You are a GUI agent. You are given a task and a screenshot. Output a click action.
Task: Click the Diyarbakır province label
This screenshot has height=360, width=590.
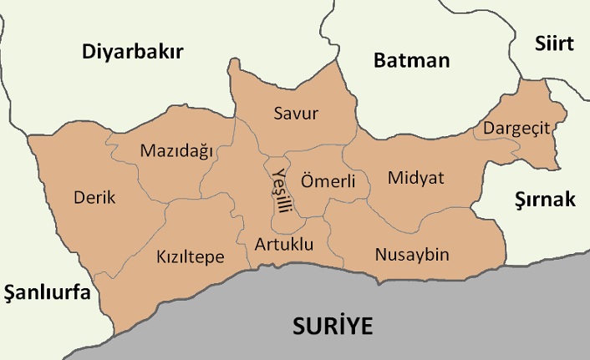pyautogui.click(x=132, y=53)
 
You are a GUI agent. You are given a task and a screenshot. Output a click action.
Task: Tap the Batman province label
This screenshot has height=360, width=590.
pyautogui.click(x=411, y=60)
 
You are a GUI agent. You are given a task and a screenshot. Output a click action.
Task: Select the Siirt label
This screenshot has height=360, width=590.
pyautogui.click(x=554, y=43)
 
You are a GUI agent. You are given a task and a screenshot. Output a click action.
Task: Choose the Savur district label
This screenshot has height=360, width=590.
pyautogui.click(x=296, y=114)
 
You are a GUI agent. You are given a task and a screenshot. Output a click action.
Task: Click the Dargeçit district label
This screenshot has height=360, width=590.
pyautogui.click(x=511, y=129)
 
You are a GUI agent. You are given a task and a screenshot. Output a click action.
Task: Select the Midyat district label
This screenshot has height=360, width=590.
pyautogui.click(x=415, y=178)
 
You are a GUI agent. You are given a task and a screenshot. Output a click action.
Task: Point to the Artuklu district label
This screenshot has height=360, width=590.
pyautogui.click(x=284, y=245)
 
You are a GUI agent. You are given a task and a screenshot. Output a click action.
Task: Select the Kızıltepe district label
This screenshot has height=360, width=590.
pyautogui.click(x=191, y=257)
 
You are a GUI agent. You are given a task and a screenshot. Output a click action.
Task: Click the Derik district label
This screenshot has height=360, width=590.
pyautogui.click(x=94, y=198)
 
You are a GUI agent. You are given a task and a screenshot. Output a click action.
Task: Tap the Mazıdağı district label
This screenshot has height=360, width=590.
pyautogui.click(x=177, y=151)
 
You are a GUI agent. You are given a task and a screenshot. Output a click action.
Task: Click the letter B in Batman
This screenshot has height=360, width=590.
pyautogui.click(x=380, y=60)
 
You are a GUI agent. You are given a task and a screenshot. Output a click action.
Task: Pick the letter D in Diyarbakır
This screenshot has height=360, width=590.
pyautogui.click(x=89, y=53)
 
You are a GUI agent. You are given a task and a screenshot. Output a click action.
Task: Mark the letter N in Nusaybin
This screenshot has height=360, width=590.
pyautogui.click(x=381, y=254)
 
